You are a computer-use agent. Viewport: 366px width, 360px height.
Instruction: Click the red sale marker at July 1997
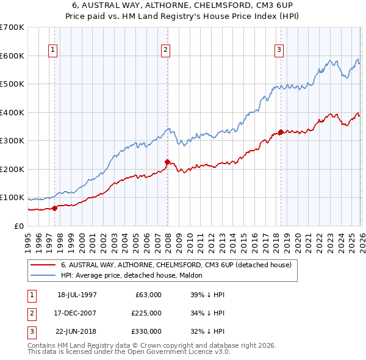(55, 208)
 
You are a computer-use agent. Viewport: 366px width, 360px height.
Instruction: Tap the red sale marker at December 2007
(167, 162)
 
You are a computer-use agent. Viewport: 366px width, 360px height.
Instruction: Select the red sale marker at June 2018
(281, 132)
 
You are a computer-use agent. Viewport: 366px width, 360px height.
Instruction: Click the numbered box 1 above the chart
(54, 50)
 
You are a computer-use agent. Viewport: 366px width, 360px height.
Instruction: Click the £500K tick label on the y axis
(12, 84)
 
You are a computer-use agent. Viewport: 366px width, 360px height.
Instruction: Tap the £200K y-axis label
(12, 169)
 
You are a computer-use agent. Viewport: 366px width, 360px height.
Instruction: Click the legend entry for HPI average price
(135, 275)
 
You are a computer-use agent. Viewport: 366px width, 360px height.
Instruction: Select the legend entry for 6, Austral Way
(176, 265)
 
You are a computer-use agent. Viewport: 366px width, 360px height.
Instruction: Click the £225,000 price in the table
(146, 313)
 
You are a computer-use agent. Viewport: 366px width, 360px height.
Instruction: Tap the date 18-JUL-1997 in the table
(77, 295)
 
